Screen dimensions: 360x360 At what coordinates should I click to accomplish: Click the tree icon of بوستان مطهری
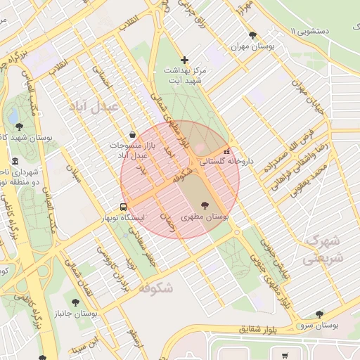(205, 205)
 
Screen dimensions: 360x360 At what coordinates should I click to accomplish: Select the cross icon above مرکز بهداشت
(185, 60)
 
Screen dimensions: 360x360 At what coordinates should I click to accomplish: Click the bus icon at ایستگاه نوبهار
(124, 207)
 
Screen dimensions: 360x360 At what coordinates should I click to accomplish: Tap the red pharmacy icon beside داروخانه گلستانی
(226, 151)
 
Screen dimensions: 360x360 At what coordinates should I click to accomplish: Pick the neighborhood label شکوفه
(156, 288)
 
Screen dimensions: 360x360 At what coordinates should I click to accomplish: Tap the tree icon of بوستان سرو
(320, 314)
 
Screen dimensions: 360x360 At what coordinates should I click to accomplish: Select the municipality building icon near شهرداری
(16, 161)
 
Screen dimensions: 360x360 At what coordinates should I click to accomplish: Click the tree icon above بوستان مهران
(252, 35)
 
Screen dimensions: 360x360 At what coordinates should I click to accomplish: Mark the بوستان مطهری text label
(205, 218)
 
